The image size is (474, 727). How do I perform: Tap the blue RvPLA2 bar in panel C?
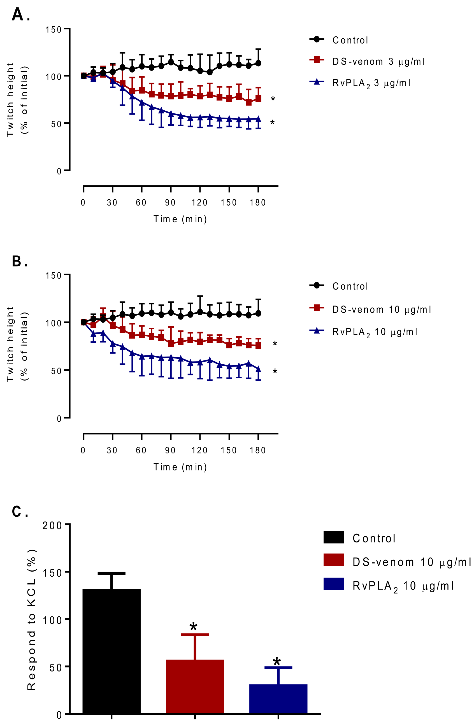[x=278, y=700]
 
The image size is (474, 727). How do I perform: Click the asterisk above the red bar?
[x=193, y=627]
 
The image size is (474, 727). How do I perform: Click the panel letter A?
[x=17, y=15]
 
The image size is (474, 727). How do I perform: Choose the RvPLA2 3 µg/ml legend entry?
[x=371, y=83]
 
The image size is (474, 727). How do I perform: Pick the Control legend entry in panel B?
[x=350, y=286]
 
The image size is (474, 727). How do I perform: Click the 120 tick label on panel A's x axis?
[x=199, y=202]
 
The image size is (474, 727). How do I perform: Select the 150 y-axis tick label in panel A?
[x=54, y=30]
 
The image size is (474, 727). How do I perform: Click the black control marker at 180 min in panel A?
[x=258, y=63]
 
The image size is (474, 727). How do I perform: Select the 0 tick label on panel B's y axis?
[x=59, y=418]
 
